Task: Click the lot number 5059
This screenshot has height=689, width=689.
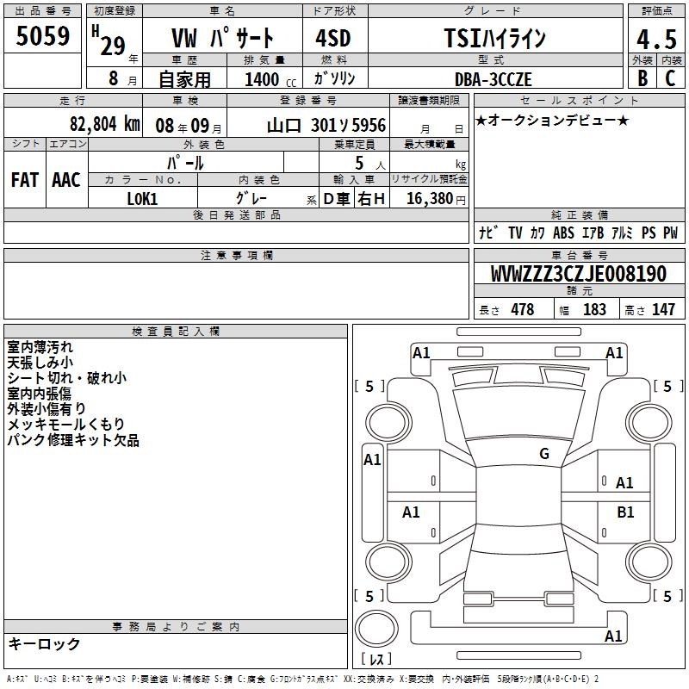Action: (x=42, y=36)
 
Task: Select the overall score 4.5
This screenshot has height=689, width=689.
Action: (x=656, y=39)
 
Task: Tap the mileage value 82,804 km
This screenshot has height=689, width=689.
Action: (x=105, y=124)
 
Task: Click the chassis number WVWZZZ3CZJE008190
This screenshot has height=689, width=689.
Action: (x=579, y=274)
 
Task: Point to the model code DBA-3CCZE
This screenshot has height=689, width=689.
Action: (x=493, y=79)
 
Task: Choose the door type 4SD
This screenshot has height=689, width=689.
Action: (x=333, y=38)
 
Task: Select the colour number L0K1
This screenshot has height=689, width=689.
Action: (x=142, y=199)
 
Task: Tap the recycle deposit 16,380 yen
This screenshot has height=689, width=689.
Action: (x=436, y=199)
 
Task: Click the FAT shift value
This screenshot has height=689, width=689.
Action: (x=25, y=180)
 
